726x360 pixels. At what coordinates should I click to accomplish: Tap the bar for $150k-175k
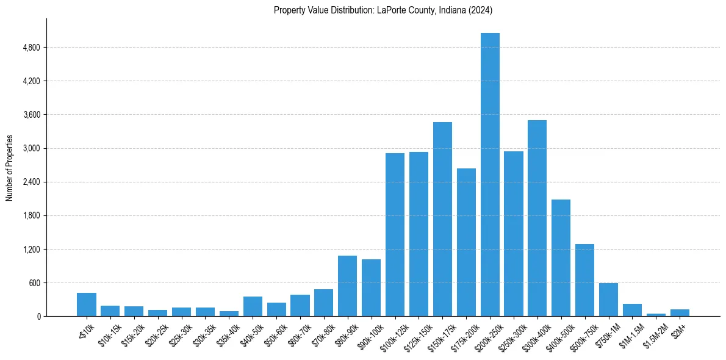(x=442, y=219)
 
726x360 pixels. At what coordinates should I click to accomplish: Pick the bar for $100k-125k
(x=395, y=234)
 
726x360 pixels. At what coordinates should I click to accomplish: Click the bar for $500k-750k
(x=584, y=280)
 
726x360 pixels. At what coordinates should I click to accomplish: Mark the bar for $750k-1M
(x=608, y=300)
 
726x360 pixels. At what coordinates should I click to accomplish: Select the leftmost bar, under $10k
(x=87, y=304)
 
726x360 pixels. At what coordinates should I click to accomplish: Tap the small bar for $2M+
(x=680, y=312)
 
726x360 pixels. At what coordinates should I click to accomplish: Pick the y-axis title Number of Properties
(x=9, y=168)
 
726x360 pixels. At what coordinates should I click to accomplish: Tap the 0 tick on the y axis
(x=38, y=317)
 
